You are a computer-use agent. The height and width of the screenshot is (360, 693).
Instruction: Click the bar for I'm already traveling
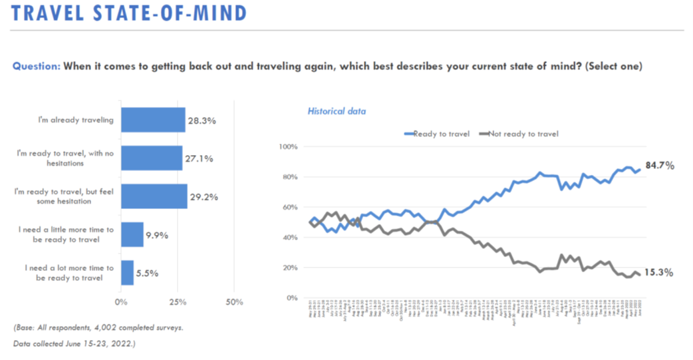tap(152, 120)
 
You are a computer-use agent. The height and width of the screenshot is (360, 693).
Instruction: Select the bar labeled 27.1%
tap(151, 158)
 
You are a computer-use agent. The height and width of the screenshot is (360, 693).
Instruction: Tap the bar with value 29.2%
tap(154, 196)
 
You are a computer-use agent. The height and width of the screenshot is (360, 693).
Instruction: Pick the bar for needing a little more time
tap(132, 234)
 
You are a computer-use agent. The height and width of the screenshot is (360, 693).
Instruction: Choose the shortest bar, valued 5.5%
tap(127, 272)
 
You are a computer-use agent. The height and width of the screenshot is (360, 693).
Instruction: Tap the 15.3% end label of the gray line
tap(658, 273)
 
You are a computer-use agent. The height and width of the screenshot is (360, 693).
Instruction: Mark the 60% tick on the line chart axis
tap(289, 207)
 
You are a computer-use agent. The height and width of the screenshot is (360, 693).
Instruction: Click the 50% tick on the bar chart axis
tap(234, 303)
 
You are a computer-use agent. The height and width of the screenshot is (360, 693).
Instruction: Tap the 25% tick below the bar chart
tap(178, 303)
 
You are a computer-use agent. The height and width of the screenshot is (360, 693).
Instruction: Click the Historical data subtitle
tap(336, 111)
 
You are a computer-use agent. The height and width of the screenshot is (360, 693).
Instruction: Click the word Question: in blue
tap(37, 67)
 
